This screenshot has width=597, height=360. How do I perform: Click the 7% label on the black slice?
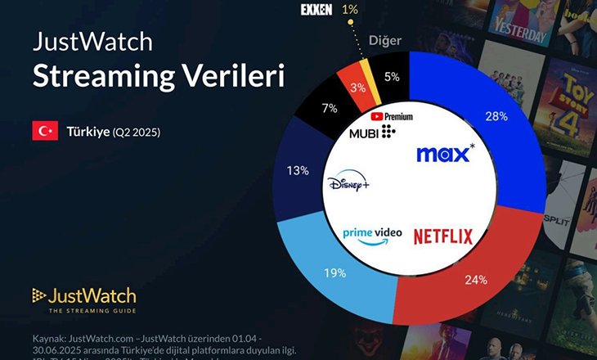[330, 107]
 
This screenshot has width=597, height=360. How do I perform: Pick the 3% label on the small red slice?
[358, 88]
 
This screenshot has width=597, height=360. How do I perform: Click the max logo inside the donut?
[445, 154]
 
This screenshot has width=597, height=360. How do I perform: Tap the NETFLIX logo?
[442, 237]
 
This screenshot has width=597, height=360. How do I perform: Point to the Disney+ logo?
[348, 183]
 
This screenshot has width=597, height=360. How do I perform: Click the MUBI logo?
[372, 132]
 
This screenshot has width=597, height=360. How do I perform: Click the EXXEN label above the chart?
[316, 10]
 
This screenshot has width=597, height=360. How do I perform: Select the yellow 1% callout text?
[350, 10]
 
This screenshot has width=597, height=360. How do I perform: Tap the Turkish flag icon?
[44, 130]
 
